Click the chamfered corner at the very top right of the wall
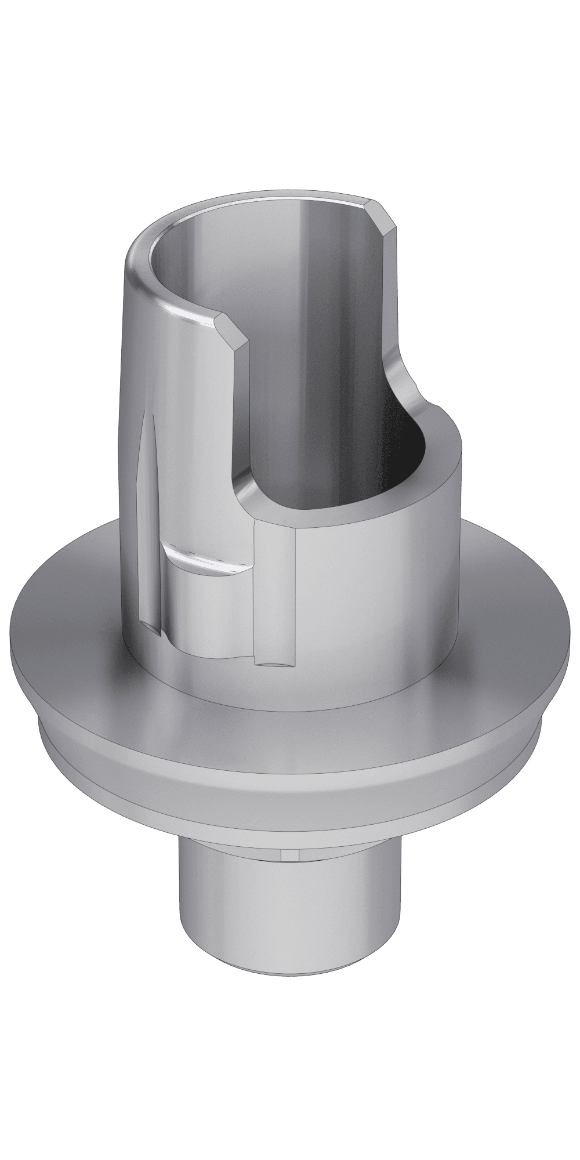pos(383,216)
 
